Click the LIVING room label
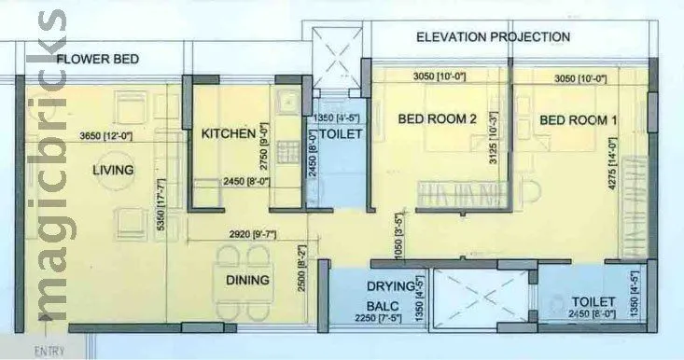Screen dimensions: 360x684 click(113, 170)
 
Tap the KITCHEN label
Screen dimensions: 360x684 click(229, 134)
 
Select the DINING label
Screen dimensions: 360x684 click(247, 280)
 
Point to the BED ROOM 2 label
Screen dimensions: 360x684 click(438, 119)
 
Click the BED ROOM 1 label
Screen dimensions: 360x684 click(579, 120)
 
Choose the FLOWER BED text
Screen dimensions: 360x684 click(98, 60)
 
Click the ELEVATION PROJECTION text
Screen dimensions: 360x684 click(493, 37)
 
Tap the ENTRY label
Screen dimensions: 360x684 click(49, 352)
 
